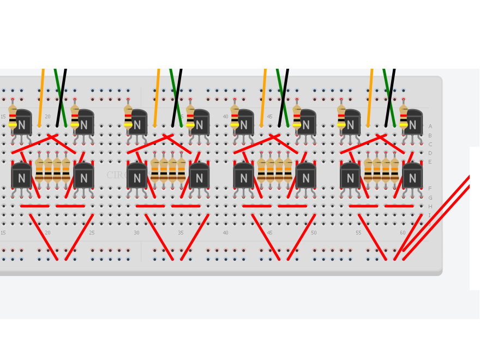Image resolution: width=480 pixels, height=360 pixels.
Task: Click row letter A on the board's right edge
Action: tap(430, 127)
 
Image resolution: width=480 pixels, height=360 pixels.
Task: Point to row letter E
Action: tap(430, 162)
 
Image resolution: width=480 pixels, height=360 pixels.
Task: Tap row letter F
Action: tap(430, 189)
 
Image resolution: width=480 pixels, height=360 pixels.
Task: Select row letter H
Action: tap(430, 206)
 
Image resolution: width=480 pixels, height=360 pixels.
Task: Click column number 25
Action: tap(92, 233)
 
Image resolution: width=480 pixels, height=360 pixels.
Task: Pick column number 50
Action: tap(314, 233)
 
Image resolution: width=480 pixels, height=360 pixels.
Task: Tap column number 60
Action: tap(403, 233)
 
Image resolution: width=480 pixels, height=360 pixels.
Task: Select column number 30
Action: tap(136, 233)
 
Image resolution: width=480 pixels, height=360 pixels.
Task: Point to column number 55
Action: tap(358, 233)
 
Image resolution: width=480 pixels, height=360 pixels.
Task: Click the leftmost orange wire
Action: tap(41, 98)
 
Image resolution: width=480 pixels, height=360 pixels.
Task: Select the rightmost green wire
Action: tap(389, 98)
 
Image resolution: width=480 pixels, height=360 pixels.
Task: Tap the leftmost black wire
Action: tap(61, 98)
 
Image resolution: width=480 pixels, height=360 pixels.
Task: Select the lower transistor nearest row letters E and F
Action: tap(412, 176)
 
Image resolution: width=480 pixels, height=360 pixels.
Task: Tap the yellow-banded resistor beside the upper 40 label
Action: tap(235, 118)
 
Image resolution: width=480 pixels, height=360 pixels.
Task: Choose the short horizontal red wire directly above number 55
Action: tap(363, 206)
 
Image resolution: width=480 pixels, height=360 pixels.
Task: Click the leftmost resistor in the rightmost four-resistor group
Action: tap(368, 170)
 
